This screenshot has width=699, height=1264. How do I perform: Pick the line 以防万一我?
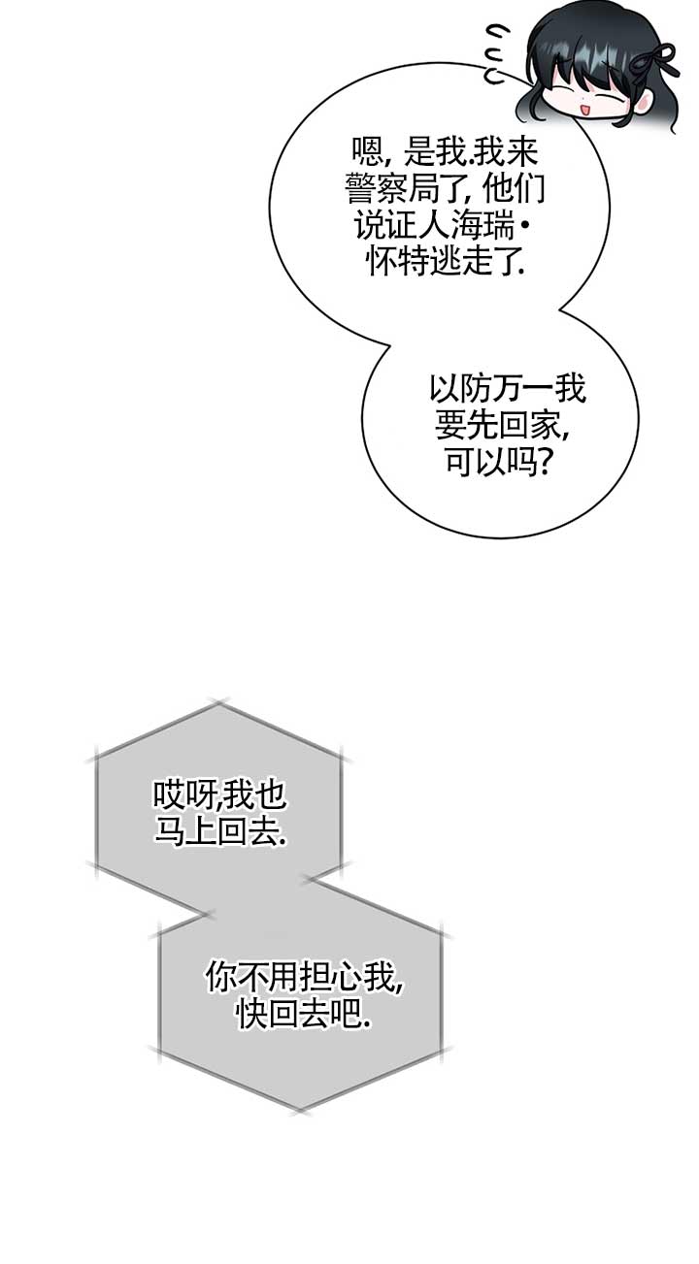pos(507,391)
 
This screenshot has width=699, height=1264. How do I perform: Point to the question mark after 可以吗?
pos(546,464)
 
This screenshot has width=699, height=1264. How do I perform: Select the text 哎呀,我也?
pos(219,796)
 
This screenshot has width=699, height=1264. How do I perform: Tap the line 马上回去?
pos(219,832)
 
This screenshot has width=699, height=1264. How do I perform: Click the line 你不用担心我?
pos(304,978)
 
